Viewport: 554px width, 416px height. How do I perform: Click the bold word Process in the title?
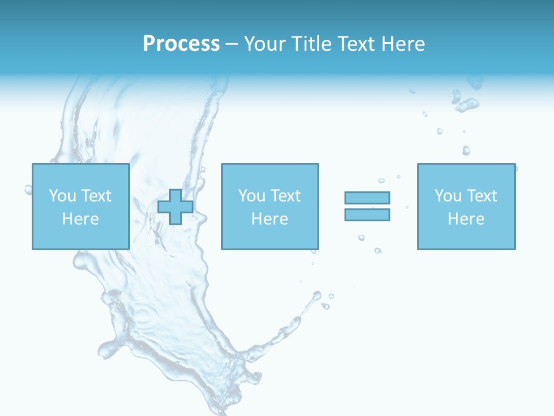(181, 44)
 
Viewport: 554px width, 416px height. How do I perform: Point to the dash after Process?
(231, 44)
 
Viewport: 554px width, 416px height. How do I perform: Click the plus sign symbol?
(175, 207)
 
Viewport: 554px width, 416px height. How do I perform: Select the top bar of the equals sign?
(367, 198)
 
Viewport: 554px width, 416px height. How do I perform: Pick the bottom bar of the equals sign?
(367, 214)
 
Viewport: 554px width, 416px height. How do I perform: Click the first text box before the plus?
(80, 206)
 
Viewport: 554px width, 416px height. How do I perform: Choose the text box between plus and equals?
(269, 206)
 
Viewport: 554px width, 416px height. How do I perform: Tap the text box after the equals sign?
(466, 206)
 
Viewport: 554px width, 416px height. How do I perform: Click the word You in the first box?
(62, 196)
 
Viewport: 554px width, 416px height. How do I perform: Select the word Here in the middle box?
(269, 219)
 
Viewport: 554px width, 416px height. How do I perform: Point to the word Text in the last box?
(481, 196)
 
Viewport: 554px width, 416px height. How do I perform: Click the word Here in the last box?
(466, 219)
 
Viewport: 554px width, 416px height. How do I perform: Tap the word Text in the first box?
(96, 196)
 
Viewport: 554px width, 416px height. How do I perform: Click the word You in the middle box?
(252, 196)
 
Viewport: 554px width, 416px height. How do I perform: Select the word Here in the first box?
(80, 219)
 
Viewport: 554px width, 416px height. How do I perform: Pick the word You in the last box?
(448, 196)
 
